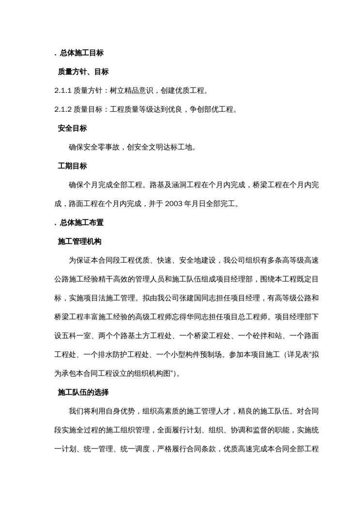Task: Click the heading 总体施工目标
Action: pos(82,53)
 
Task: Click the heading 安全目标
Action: pos(73,128)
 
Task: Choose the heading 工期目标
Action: pos(73,166)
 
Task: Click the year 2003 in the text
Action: pos(173,204)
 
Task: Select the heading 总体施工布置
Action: pos(82,223)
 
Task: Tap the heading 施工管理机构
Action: pos(79,241)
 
